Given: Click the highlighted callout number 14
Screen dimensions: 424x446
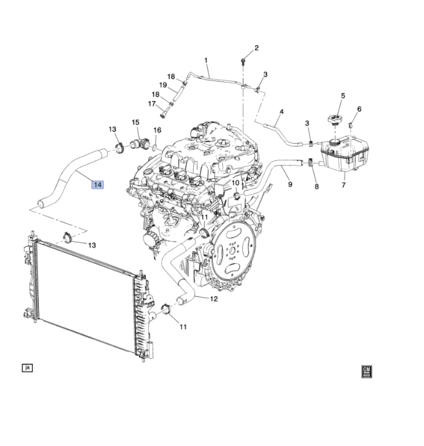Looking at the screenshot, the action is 97,185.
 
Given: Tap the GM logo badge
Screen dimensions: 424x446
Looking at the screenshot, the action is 366,371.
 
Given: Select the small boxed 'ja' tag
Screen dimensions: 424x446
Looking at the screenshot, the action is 27,367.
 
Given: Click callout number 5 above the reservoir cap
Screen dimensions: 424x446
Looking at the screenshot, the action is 343,96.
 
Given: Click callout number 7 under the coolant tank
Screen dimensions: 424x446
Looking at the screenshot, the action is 344,185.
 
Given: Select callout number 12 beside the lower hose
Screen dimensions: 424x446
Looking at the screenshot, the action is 214,299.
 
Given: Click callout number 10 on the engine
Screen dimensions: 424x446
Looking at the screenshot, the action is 235,183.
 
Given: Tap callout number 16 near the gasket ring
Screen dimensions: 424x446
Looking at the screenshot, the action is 157,130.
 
